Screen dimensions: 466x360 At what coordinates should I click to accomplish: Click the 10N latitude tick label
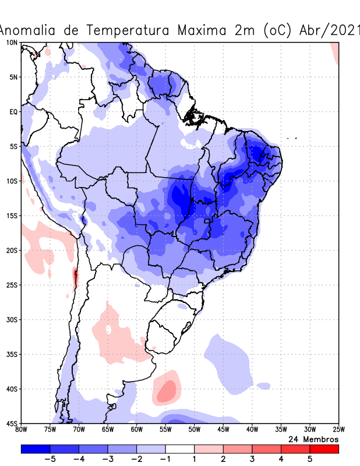pos(11,43)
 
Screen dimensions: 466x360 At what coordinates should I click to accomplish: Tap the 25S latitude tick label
pos(11,285)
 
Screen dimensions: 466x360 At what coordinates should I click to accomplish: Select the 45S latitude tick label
pos(11,423)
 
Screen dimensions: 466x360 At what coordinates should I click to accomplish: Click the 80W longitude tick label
pos(22,430)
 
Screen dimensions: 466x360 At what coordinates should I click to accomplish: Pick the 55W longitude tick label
pos(165,430)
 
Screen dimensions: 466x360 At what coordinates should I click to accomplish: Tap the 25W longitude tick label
pos(338,430)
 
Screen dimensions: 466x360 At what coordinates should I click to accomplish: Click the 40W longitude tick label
pos(252,430)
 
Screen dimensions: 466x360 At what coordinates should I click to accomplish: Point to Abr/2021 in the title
pos(329,30)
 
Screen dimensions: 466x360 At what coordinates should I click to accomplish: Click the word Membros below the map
pos(320,439)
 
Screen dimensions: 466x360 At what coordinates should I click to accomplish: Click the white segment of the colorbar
pos(180,449)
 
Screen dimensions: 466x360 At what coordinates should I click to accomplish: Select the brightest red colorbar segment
pos(324,449)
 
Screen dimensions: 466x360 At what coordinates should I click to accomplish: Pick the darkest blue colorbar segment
pos(36,449)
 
